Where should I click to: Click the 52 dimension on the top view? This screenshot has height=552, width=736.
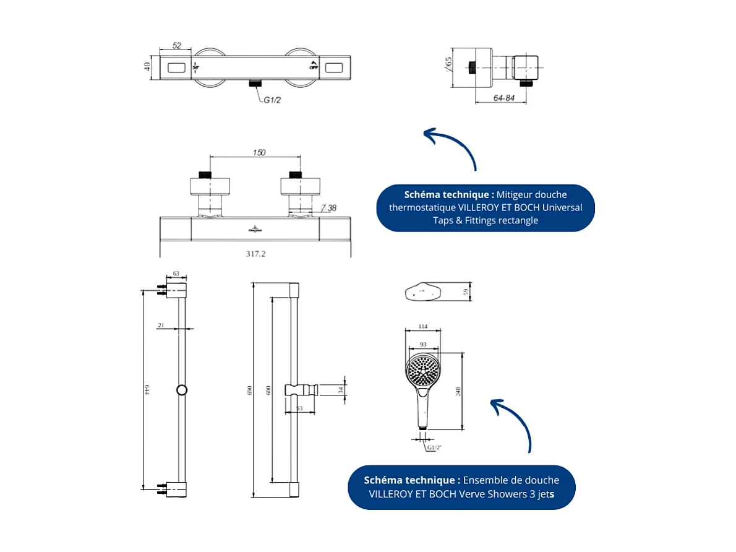177,46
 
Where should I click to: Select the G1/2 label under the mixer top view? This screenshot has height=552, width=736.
273,100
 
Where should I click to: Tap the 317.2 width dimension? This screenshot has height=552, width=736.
257,253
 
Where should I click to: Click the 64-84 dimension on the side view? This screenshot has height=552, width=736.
504,98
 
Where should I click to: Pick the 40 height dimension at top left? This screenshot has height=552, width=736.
148,66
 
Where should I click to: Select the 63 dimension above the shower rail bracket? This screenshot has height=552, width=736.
176,273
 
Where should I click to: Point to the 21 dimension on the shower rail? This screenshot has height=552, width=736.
161,325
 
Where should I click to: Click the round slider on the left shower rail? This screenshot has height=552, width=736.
182,390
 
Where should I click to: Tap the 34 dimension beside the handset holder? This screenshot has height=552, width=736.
340,389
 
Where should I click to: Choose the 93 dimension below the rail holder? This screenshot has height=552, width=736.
299,408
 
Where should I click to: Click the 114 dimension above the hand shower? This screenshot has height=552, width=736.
423,326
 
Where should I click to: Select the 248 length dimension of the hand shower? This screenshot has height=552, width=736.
458,391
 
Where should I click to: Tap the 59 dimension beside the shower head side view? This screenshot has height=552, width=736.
466,292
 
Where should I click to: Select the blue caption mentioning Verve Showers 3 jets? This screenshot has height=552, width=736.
461,487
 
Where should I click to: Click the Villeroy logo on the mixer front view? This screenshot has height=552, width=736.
255,228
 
